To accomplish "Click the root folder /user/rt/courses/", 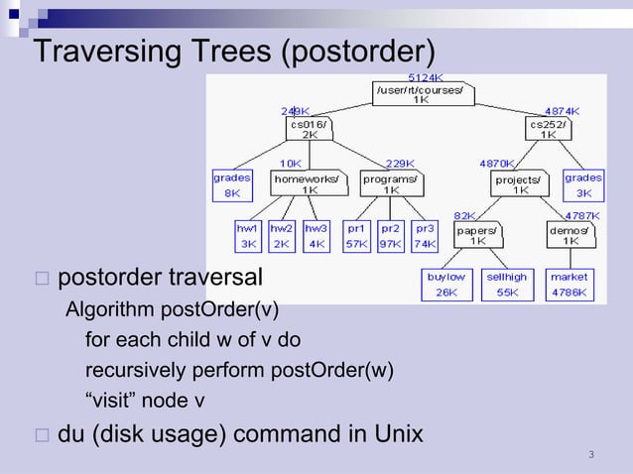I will (423, 94).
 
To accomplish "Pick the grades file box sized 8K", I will (231, 185).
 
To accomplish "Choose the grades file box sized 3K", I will (583, 185).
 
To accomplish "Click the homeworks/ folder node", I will (310, 184).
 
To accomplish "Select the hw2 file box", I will (283, 235).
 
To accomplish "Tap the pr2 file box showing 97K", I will (390, 235).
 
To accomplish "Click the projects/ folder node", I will (520, 185).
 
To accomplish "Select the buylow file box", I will (446, 285).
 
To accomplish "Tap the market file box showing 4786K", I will (570, 285).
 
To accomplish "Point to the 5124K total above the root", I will (427, 76).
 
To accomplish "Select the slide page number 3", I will (591, 455).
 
